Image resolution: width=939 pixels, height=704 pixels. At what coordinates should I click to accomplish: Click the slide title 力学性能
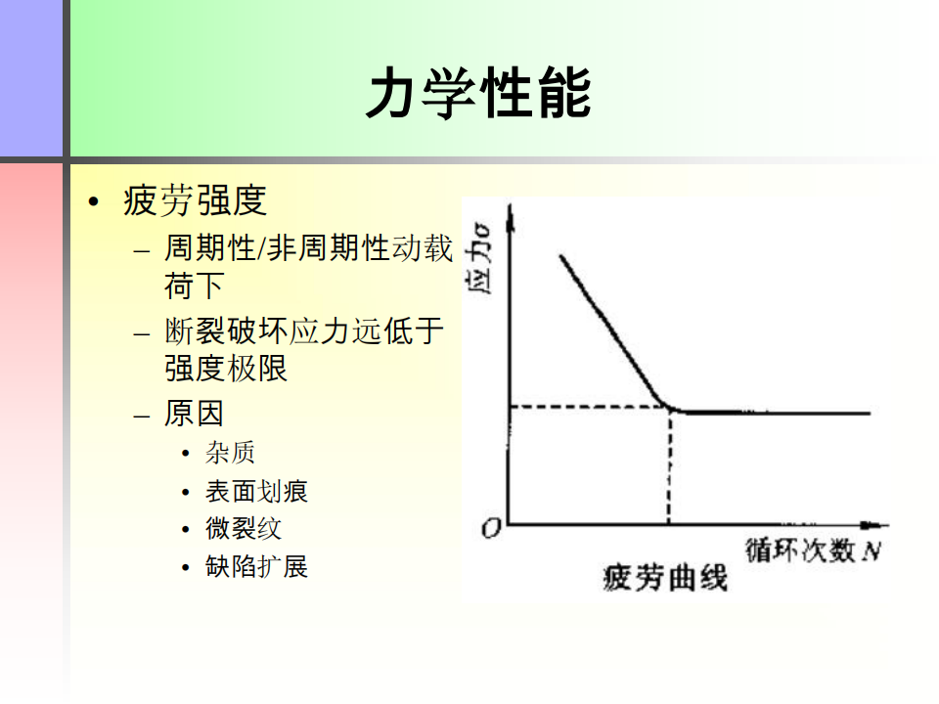coord(479,92)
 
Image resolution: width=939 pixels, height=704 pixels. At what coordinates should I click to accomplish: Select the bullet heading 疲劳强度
coord(195,200)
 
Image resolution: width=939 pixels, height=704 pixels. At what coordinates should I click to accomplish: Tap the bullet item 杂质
coord(230,453)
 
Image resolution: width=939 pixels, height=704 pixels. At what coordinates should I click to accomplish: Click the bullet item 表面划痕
coord(256,492)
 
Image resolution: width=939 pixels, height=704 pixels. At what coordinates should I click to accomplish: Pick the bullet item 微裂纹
coord(244,529)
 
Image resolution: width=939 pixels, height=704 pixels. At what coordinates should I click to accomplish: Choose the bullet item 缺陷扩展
coord(256,566)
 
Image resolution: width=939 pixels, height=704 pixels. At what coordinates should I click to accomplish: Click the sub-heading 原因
coord(194,413)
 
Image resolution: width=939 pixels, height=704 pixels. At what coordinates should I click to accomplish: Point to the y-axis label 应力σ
coord(478,258)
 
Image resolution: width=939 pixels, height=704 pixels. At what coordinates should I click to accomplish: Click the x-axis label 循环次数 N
coord(813,550)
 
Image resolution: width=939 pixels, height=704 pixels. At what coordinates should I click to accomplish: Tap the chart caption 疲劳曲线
coord(665,578)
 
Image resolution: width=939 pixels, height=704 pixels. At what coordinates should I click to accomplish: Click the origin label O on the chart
coord(491,528)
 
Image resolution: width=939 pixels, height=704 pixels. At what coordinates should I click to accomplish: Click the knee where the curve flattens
coord(672,409)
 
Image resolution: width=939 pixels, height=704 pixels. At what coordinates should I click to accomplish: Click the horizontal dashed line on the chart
coord(589,407)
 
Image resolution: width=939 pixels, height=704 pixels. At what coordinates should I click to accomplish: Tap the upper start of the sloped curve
coord(561,256)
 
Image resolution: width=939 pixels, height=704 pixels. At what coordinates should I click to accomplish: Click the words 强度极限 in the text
coord(226,368)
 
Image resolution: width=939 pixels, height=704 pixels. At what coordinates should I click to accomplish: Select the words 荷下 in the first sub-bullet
coord(194,285)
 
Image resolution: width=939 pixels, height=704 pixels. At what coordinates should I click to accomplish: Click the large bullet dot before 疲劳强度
coord(93,201)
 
